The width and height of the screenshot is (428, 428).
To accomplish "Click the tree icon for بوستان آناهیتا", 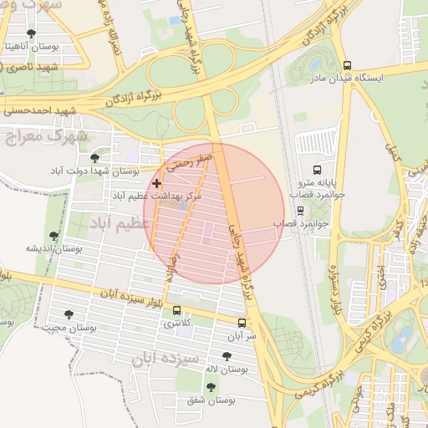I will (32, 33).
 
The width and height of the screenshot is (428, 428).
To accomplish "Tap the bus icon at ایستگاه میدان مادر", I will (347, 65).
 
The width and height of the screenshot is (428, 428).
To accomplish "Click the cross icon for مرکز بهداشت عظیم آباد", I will (156, 182).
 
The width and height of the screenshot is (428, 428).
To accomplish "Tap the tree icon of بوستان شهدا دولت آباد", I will (94, 157).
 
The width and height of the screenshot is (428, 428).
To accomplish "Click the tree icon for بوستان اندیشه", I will (54, 236).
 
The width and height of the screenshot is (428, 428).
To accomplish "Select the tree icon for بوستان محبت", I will (69, 314).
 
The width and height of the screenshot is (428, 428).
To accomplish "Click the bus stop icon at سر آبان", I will (242, 323).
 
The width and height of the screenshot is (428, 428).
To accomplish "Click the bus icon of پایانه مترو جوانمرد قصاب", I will (315, 169).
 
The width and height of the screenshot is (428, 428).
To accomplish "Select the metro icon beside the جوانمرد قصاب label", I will (300, 211).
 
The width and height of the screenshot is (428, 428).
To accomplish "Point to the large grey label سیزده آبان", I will (165, 360).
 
